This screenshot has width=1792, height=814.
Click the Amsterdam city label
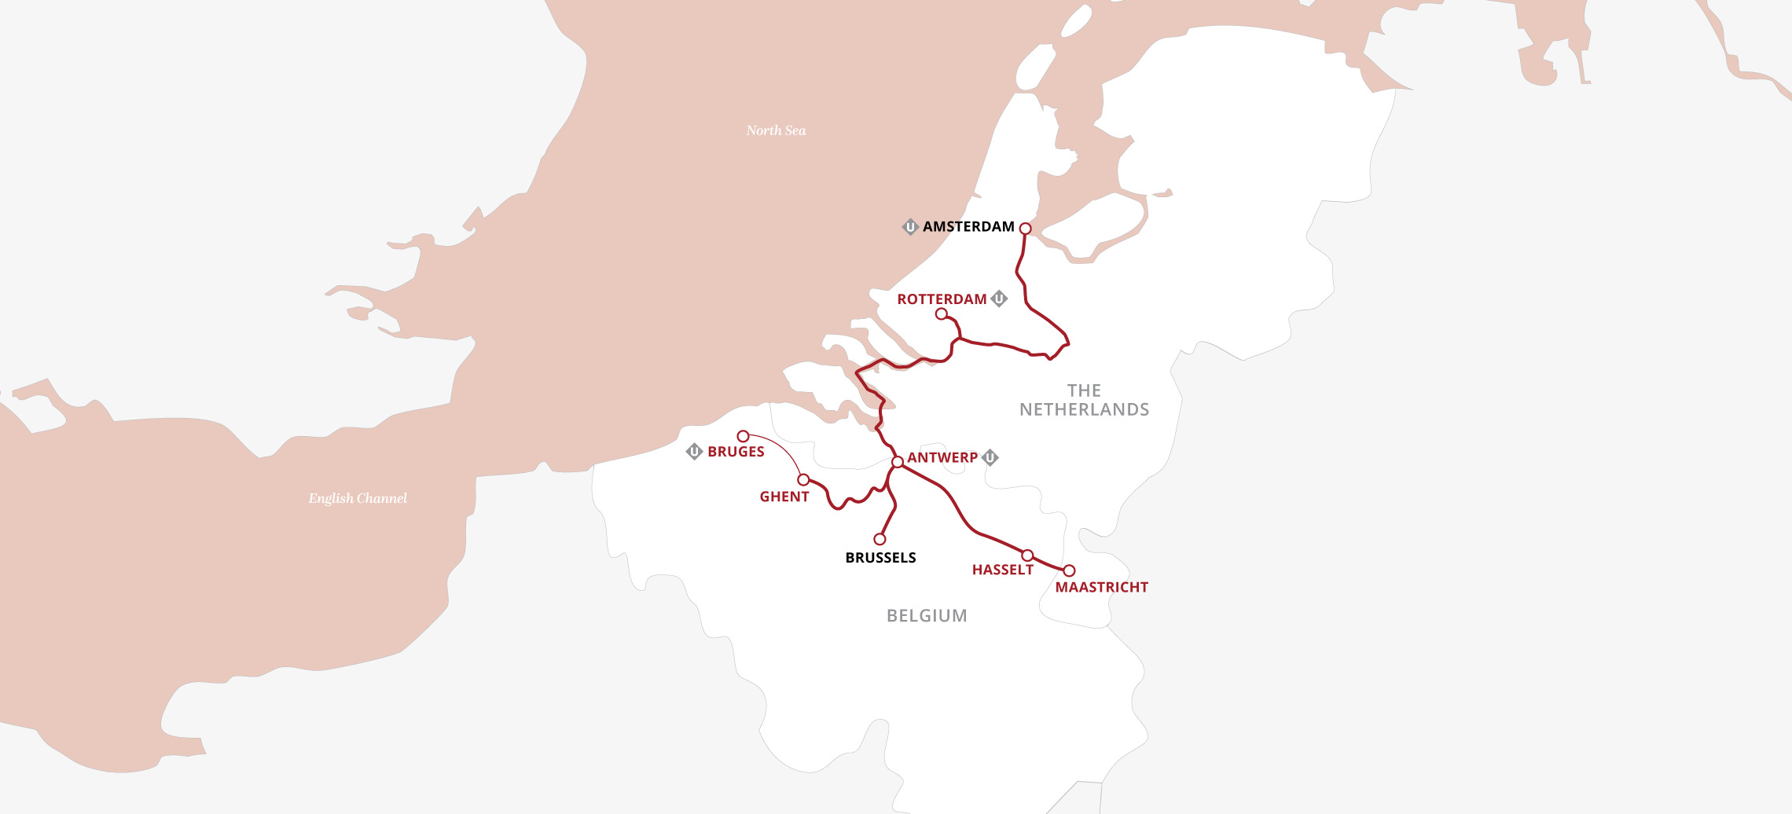[x=968, y=227]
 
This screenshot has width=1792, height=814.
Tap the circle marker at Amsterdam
[x=1025, y=229]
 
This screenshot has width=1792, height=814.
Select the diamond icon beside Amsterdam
[x=910, y=227]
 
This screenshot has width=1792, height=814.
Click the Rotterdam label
[x=942, y=299]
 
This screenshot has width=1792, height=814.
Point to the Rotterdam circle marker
[x=941, y=314]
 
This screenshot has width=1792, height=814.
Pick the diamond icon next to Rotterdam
[x=999, y=299]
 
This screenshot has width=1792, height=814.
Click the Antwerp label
[x=942, y=457]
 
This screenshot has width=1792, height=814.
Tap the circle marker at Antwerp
[x=897, y=462]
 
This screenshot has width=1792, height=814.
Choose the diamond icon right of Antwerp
[x=990, y=457]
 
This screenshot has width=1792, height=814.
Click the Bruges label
[x=736, y=452]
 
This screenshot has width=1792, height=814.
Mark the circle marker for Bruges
[x=743, y=436]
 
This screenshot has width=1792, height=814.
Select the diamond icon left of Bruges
[x=694, y=452]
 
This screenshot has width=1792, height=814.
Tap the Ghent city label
[x=784, y=497]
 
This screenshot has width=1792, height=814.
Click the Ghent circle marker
[x=803, y=479]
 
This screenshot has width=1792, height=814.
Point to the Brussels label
[x=880, y=558]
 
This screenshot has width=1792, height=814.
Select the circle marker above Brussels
[x=879, y=539]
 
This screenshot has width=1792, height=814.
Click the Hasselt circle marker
[x=1027, y=555]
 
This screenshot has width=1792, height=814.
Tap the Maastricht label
[x=1101, y=588]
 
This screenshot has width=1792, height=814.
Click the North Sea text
[x=776, y=130]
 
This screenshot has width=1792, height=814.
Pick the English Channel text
[x=358, y=498]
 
